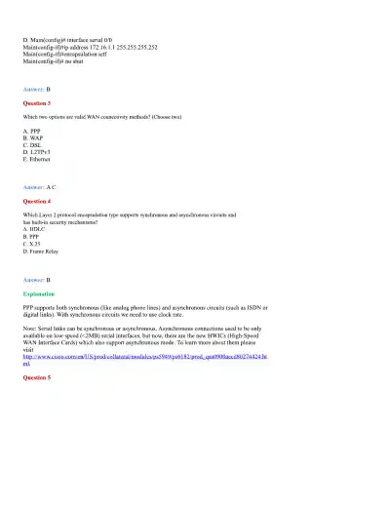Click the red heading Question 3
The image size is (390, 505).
pyautogui.click(x=36, y=102)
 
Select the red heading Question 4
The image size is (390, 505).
pyautogui.click(x=36, y=200)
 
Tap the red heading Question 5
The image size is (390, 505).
pyautogui.click(x=36, y=376)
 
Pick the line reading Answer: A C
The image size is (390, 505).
pyautogui.click(x=40, y=185)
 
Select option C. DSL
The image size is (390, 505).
pyautogui.click(x=32, y=144)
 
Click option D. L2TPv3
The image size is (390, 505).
pyautogui.click(x=36, y=151)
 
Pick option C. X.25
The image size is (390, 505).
pyautogui.click(x=33, y=243)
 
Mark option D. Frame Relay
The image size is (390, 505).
pyautogui.click(x=41, y=251)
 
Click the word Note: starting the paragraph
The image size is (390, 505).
pyautogui.click(x=29, y=328)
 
